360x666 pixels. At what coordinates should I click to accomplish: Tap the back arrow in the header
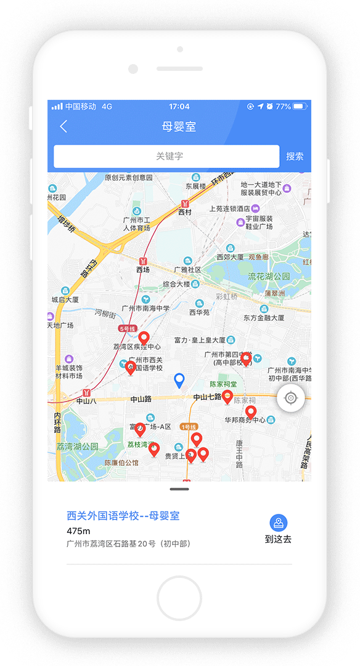[x=63, y=127]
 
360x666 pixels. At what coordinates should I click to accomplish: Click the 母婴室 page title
[x=179, y=127]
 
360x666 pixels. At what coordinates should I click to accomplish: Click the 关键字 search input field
[x=166, y=156]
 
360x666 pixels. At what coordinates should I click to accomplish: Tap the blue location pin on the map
[x=179, y=380]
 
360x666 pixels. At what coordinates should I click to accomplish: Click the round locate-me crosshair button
[x=290, y=399]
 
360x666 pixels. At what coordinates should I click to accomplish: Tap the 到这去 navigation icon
[x=279, y=524]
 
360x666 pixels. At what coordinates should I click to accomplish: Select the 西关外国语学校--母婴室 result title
[x=123, y=516]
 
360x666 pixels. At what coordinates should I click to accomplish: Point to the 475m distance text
[x=78, y=531]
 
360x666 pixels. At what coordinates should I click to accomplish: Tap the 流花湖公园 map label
[x=269, y=276]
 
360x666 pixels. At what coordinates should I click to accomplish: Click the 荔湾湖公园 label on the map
[x=77, y=447]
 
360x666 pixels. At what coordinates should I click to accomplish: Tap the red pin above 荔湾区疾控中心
[x=144, y=338]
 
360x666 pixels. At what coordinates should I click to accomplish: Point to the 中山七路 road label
[x=207, y=397]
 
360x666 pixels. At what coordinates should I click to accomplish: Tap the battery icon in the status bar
[x=299, y=107]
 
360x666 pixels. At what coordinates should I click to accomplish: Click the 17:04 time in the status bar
[x=179, y=107]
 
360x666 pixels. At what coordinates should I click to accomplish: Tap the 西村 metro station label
[x=185, y=212]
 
